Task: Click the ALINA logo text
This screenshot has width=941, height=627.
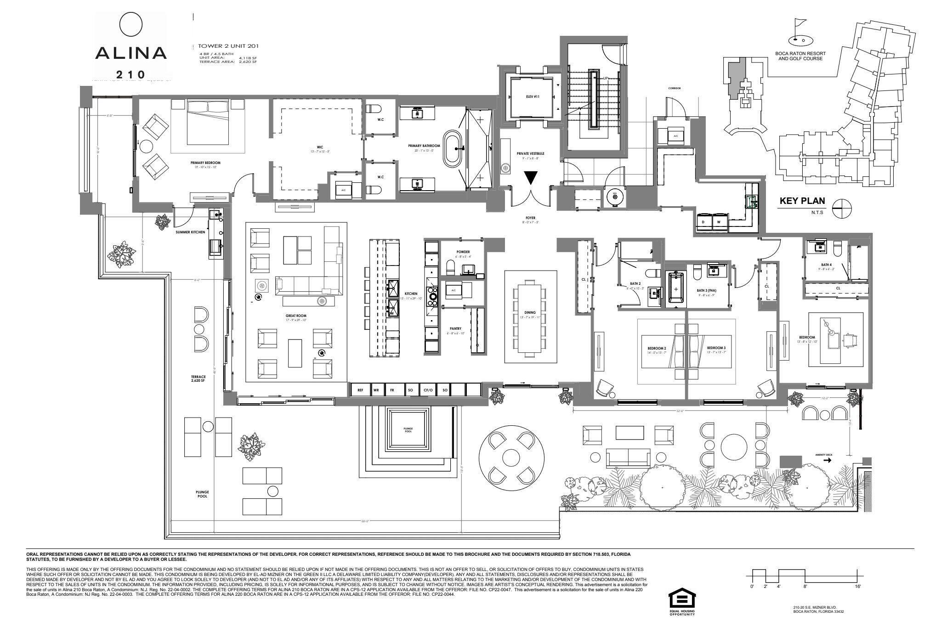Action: point(130,53)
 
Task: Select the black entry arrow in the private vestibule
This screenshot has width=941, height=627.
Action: point(531,177)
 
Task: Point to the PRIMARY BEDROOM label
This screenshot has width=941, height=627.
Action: point(205,163)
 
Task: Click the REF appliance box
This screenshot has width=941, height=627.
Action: point(360,390)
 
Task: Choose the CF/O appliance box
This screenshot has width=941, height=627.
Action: point(428,390)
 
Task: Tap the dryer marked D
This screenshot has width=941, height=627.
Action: point(703,222)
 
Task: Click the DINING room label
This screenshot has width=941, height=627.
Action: point(530,312)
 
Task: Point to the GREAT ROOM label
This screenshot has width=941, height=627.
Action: point(295,316)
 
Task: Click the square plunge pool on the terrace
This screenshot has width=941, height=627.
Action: point(408,430)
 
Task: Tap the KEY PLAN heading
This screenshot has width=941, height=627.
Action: point(802,201)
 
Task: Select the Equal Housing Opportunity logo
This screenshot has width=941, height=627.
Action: point(682,601)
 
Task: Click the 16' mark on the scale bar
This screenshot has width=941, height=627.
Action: point(857,587)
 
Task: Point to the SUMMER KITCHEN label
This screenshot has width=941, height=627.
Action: point(190,232)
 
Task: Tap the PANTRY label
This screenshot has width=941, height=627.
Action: point(455,328)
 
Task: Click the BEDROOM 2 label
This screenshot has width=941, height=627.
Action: point(657,348)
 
